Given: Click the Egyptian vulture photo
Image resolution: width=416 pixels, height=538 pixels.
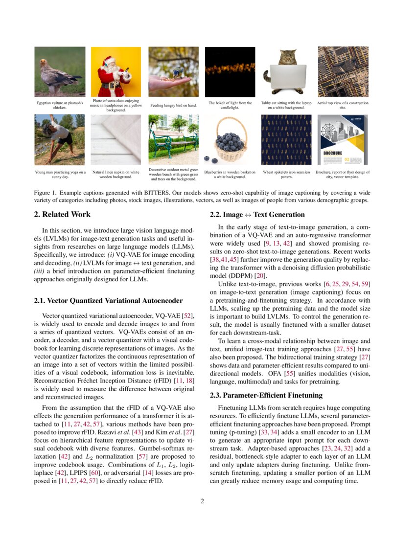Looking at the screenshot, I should [x=60, y=71].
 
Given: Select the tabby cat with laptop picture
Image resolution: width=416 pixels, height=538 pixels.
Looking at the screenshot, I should [x=286, y=71].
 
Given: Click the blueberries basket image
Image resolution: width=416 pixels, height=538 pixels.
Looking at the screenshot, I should [x=230, y=140].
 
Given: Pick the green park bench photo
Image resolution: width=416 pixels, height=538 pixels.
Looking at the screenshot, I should [x=173, y=140].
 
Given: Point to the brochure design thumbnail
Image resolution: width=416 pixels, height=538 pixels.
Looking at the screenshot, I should [x=343, y=140].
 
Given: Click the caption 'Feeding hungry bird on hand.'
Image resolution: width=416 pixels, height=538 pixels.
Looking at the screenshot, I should [x=173, y=105].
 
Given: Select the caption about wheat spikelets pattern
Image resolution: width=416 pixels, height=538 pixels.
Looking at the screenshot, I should [x=286, y=175].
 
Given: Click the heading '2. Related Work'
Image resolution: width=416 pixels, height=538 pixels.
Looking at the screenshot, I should [x=62, y=214].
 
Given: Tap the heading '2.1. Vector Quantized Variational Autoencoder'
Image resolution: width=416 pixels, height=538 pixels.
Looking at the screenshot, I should [x=108, y=300].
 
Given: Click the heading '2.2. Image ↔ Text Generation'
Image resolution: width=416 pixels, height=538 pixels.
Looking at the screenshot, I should [x=257, y=214].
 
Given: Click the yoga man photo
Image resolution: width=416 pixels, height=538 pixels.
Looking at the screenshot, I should [x=60, y=140].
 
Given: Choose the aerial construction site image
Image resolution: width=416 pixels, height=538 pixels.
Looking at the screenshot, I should [x=343, y=71].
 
